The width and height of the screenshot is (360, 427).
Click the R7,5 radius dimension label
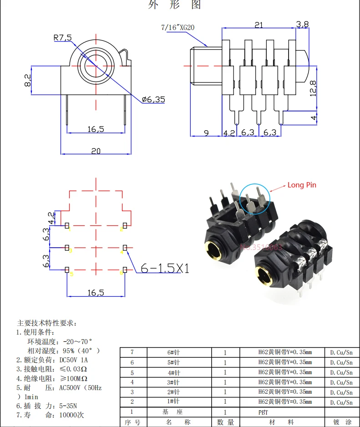tap(63, 38)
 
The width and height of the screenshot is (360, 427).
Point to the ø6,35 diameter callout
tap(153, 99)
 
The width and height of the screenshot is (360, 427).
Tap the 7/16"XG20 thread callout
tap(178, 27)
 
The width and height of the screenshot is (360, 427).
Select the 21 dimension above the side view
tap(259, 25)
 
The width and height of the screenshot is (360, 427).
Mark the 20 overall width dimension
tap(96, 151)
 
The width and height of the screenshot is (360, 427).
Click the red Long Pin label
tap(301, 185)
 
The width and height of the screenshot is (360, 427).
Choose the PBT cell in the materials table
tap(264, 412)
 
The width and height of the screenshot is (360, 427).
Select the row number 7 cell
tap(132, 352)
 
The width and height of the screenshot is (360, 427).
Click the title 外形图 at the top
tap(175, 5)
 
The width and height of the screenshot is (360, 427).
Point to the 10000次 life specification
tap(71, 415)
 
